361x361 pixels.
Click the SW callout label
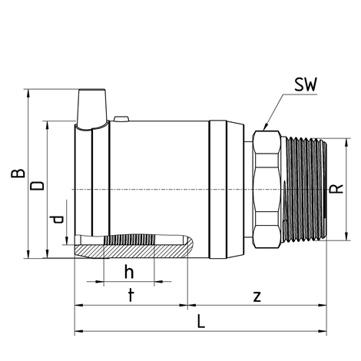(x=306, y=84)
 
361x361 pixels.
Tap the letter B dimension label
(x=18, y=173)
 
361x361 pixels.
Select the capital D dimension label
(x=38, y=186)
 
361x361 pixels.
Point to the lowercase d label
(x=57, y=220)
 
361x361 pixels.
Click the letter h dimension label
(x=129, y=272)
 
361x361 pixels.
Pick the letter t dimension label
(x=131, y=295)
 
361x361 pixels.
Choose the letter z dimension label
(x=257, y=296)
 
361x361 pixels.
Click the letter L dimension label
(x=201, y=321)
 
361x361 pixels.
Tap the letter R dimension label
(x=336, y=189)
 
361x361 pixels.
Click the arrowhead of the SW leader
(x=266, y=127)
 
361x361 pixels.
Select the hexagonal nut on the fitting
(x=267, y=189)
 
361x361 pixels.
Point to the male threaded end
(x=306, y=190)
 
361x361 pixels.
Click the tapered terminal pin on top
(x=92, y=108)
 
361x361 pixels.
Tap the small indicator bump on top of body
(x=121, y=119)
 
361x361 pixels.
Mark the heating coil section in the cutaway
(x=129, y=240)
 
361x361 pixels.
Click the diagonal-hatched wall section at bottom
(x=132, y=250)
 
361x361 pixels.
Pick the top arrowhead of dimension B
(x=28, y=94)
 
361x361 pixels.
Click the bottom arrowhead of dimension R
(x=346, y=236)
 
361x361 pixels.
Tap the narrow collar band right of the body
(x=218, y=189)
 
